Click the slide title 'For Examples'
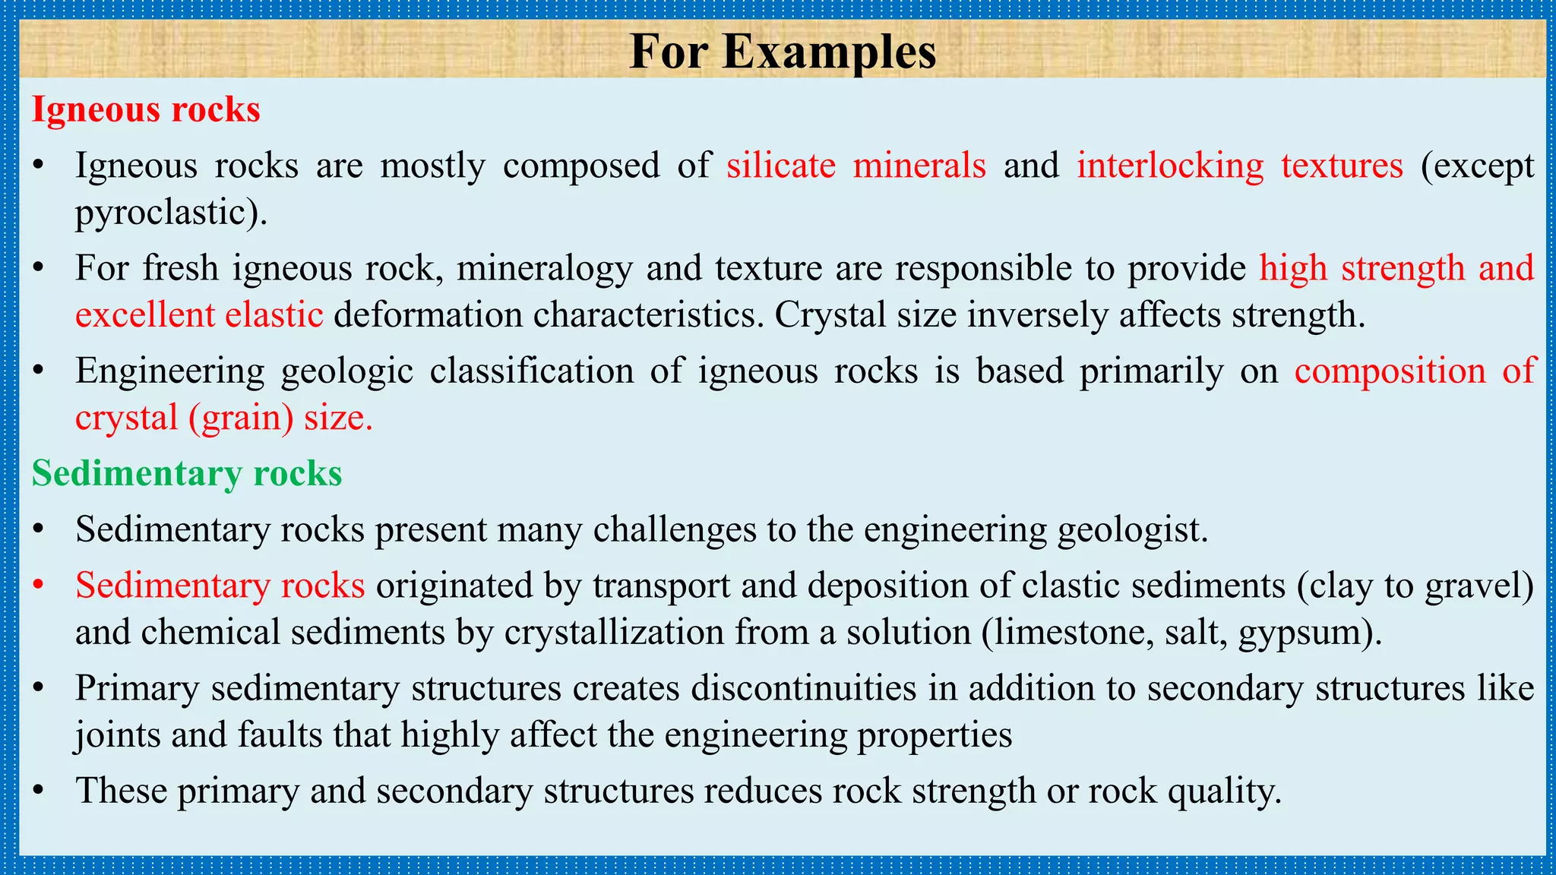[783, 52]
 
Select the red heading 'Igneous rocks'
[146, 110]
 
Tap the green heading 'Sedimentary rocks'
[187, 473]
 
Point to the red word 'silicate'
[781, 166]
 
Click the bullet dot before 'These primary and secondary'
[39, 791]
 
